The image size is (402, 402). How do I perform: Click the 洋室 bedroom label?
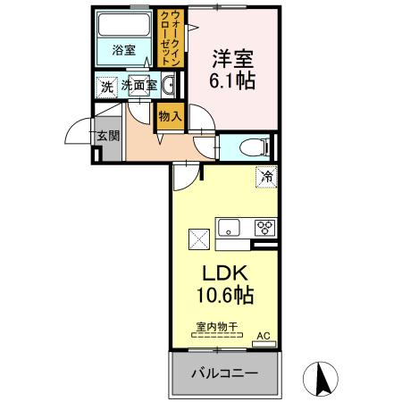coord(232,61)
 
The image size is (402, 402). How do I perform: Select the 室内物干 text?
coord(214,328)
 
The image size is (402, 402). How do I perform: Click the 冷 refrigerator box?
coord(265,177)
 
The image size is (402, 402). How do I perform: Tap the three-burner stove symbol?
coord(264,227)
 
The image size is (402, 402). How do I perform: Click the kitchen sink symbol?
coord(229,227)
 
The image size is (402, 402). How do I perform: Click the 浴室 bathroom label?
coord(124,51)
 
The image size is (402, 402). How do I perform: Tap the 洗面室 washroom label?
coord(139,87)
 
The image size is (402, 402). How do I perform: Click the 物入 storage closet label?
coord(170,115)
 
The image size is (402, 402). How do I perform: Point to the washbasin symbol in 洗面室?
coord(170,86)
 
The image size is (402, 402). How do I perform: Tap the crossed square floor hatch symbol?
coord(197,239)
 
